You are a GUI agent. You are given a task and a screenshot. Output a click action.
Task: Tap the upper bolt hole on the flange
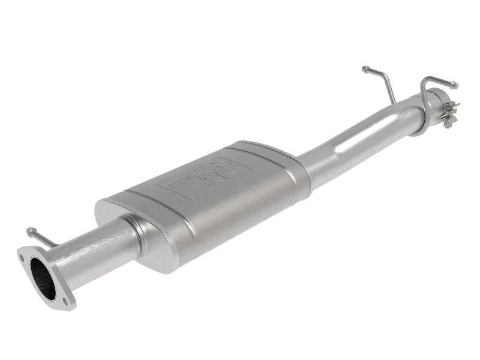(23, 257)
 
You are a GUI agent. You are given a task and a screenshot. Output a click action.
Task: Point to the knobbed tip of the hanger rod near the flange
(29, 230)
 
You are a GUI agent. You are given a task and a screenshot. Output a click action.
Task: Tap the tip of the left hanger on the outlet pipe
(365, 69)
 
